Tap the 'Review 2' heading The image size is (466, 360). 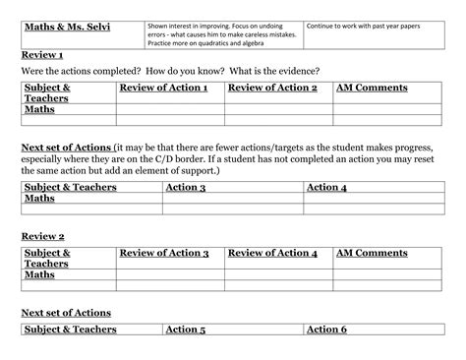coord(42,237)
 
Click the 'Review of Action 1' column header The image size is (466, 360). coord(163,89)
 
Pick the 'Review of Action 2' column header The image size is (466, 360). coord(272,89)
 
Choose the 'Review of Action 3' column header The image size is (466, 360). coord(164,254)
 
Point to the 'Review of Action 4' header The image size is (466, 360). coord(272,254)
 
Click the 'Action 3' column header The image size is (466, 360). coord(186,187)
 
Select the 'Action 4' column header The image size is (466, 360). coord(326,187)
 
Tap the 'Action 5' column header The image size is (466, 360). coord(186,330)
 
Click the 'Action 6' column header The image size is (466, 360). coord(327,330)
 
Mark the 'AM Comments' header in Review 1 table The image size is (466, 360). coord(372,89)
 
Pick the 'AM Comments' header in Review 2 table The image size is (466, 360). coord(372,254)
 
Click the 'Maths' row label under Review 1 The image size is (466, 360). coord(39,109)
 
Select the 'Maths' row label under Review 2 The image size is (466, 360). coord(39,274)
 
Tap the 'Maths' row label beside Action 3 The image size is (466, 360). coord(39,199)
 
